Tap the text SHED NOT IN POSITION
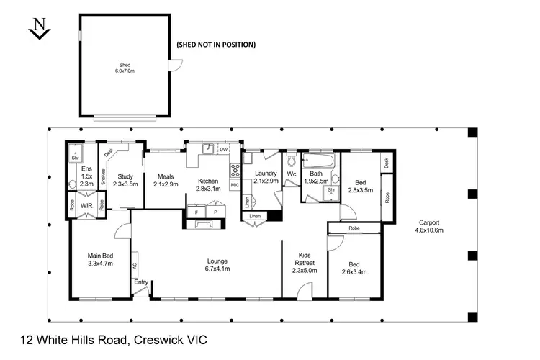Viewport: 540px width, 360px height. (216, 45)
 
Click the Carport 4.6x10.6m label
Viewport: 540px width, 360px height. (428, 227)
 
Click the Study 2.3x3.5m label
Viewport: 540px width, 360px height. (125, 180)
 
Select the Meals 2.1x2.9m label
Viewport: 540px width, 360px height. (166, 180)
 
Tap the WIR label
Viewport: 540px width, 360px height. (86, 205)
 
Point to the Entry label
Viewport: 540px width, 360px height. (140, 282)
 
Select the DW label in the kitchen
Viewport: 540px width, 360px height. (223, 149)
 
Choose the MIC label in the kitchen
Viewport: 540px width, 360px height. (234, 186)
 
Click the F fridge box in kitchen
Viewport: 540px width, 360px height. (197, 213)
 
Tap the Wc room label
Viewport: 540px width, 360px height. (292, 174)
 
